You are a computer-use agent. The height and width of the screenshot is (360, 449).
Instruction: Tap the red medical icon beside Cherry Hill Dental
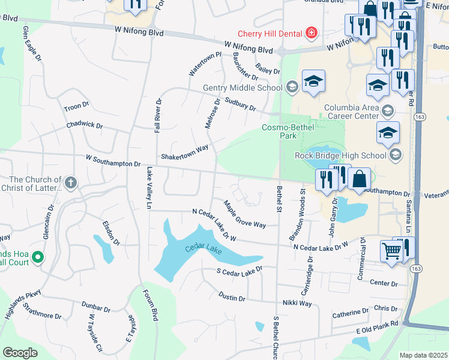tap(311, 32)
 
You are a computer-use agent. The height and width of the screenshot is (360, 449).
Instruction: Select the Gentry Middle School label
tap(243, 88)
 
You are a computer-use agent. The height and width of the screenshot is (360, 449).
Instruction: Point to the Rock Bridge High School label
tap(340, 155)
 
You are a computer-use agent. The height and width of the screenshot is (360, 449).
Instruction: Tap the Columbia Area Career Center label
tap(351, 112)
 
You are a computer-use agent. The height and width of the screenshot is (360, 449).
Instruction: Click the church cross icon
tap(71, 182)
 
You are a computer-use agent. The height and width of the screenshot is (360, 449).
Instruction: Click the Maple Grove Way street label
tap(244, 215)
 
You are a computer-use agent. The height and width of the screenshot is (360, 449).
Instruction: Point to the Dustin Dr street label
tap(232, 297)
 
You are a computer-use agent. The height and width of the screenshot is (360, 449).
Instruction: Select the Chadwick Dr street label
tap(85, 126)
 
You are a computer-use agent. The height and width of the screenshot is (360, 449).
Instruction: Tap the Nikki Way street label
tap(298, 304)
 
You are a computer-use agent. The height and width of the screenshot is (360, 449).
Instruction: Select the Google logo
tap(20, 353)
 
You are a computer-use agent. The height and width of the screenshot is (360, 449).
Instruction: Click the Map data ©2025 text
tap(423, 355)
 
